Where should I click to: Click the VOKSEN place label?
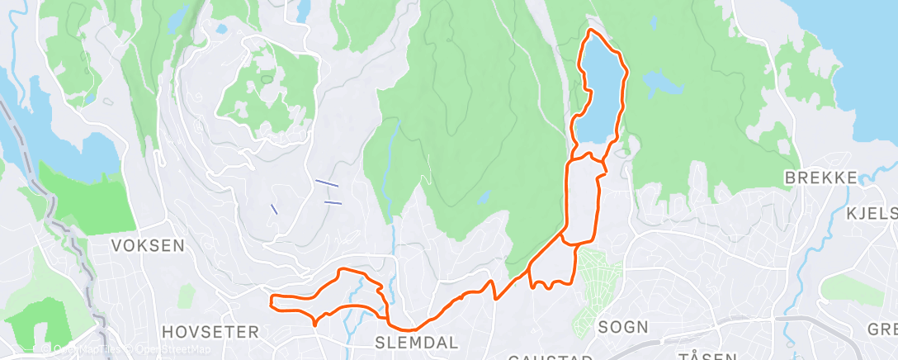tap(149, 245)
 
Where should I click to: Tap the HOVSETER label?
tap(210, 332)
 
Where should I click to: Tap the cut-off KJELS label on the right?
tap(872, 214)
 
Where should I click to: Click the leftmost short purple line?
tap(274, 208)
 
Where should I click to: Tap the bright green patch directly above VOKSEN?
tap(87, 198)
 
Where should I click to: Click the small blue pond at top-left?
tap(221, 29)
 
